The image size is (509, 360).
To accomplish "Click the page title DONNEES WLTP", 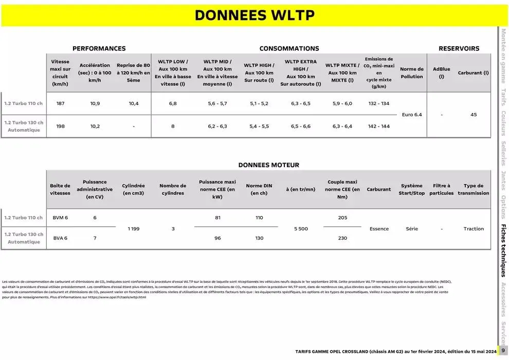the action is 254,15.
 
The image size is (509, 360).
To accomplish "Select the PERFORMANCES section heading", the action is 99,48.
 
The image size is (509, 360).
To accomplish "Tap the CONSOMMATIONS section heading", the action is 289,48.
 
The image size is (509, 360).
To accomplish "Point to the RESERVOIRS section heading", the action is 459,48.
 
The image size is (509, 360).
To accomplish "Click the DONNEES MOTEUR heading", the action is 268,165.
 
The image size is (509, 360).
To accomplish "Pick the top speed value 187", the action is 60,103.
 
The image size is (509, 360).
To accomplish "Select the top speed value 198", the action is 60,126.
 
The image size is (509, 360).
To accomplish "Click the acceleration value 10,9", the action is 95,103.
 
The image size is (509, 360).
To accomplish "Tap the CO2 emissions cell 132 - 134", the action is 379,103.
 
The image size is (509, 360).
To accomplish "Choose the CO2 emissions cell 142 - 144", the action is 379,126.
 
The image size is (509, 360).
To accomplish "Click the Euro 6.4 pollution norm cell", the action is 411,115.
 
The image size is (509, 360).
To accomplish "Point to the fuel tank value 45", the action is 474,115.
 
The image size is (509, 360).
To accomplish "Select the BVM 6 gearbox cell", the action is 60,218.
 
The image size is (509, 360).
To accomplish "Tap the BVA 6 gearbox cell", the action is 60,238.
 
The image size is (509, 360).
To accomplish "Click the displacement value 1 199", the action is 134,229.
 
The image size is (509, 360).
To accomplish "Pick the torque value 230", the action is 342,238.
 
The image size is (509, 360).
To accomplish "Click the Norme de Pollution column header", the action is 411,73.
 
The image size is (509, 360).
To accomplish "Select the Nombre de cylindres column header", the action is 173,189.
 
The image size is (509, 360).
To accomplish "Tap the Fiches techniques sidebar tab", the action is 503,250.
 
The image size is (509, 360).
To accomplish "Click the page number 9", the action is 503,351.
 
